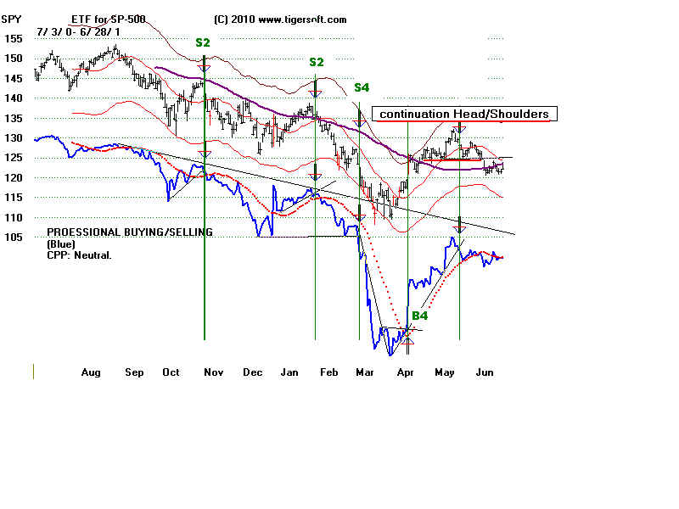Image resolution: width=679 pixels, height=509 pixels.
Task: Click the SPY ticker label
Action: pyautogui.click(x=12, y=19)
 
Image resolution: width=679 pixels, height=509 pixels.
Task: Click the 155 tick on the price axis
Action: pyautogui.click(x=12, y=38)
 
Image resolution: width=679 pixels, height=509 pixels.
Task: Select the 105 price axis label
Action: pyautogui.click(x=12, y=237)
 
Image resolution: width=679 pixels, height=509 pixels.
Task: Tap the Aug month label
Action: pyautogui.click(x=91, y=372)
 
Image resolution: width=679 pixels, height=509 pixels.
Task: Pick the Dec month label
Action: pyautogui.click(x=252, y=372)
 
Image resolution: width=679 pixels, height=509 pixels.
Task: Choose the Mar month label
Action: pyautogui.click(x=365, y=372)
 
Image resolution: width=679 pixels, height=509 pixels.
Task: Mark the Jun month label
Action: pyautogui.click(x=485, y=372)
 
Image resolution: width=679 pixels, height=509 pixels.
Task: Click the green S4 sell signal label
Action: pyautogui.click(x=362, y=87)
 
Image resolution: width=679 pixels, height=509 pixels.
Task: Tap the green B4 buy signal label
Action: pyautogui.click(x=419, y=316)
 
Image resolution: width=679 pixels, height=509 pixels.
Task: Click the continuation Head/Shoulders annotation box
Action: pyautogui.click(x=463, y=115)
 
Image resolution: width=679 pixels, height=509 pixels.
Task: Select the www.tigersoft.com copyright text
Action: pyautogui.click(x=280, y=19)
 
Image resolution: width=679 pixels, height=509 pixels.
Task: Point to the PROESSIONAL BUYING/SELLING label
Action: pyautogui.click(x=129, y=232)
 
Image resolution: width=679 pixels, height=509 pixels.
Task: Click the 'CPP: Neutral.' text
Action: pyautogui.click(x=81, y=254)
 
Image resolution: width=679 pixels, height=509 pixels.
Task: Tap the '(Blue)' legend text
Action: pyautogui.click(x=61, y=243)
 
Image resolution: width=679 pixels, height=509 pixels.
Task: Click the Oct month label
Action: pyautogui.click(x=171, y=372)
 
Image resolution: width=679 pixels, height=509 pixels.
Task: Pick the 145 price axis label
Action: pyautogui.click(x=12, y=78)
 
